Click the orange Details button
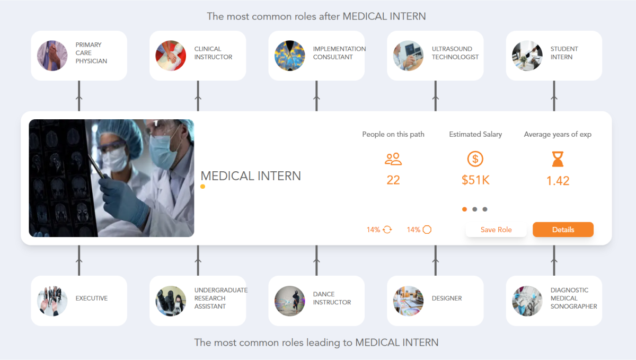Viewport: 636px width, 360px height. point(563,230)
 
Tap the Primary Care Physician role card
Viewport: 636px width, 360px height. point(79,56)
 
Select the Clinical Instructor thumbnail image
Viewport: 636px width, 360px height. point(171,56)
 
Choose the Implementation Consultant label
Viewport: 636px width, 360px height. point(339,53)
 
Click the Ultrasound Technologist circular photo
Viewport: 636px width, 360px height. point(408,56)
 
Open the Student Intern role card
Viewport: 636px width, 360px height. point(554,56)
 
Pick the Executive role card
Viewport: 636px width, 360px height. point(79,301)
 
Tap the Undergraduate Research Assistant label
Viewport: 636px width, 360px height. point(220,298)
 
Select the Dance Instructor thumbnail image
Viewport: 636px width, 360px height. point(289,301)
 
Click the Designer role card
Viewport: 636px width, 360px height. point(435,301)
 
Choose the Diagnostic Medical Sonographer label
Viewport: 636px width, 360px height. point(573,298)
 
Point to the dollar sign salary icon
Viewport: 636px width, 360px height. point(475,159)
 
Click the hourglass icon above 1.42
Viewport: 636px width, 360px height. point(558,159)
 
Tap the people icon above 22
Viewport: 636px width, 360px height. point(393,159)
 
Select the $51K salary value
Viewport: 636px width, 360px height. point(475,180)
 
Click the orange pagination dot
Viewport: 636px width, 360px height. point(465,209)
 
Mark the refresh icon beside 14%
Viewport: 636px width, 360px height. point(387,230)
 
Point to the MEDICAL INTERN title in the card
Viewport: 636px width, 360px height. point(251,176)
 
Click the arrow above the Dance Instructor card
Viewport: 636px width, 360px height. point(316,261)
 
